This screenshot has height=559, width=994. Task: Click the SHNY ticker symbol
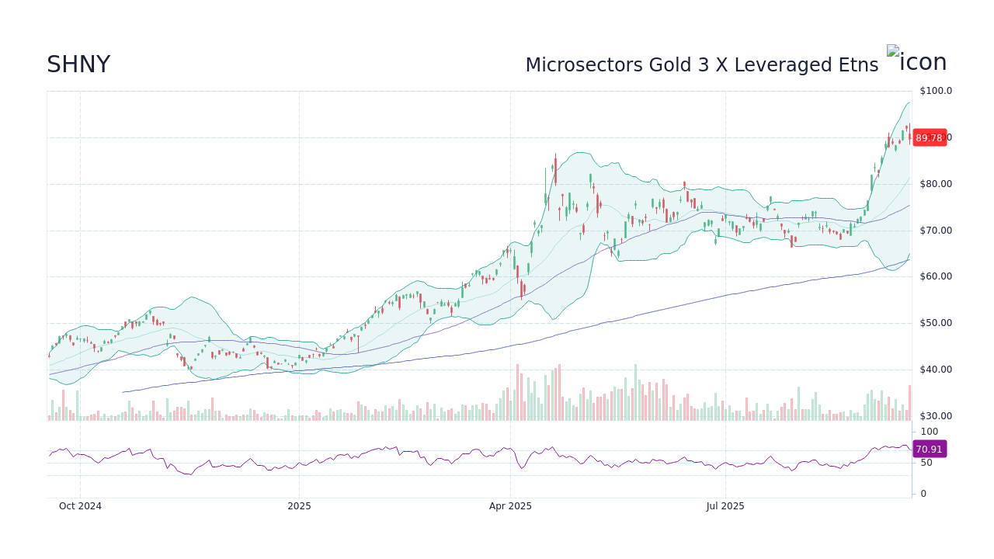[x=78, y=65]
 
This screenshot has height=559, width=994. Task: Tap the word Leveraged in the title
[x=784, y=65]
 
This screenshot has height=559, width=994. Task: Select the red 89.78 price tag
[x=929, y=137]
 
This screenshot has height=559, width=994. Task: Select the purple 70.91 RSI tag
[x=929, y=449]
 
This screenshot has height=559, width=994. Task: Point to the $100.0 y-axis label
[x=936, y=91]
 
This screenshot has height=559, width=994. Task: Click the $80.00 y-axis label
[x=936, y=184]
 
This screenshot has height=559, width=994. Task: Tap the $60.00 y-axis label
[x=936, y=276]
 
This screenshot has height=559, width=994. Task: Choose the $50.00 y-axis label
[x=936, y=323]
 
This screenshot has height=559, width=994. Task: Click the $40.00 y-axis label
[x=936, y=370]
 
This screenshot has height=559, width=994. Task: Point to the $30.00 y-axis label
[x=936, y=416]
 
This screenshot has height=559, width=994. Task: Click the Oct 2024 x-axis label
[x=80, y=506]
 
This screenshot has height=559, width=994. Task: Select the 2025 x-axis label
[x=299, y=506]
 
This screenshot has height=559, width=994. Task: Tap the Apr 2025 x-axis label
[x=510, y=506]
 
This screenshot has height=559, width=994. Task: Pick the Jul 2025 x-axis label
[x=725, y=506]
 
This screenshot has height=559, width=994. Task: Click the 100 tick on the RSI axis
[x=929, y=432]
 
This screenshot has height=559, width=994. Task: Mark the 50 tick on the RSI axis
[x=926, y=463]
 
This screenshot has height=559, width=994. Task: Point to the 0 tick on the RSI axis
[x=923, y=494]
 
